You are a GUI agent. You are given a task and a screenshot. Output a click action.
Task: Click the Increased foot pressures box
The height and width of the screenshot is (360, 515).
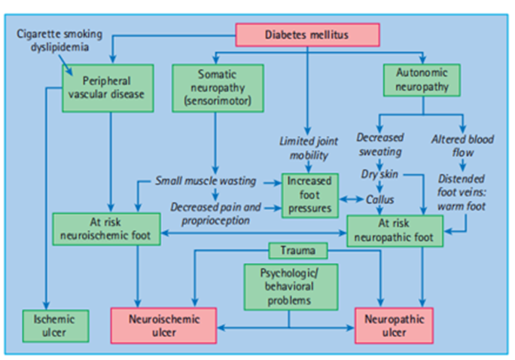point(308,195)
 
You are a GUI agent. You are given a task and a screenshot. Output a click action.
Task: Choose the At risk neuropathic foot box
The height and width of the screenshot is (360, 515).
point(394,230)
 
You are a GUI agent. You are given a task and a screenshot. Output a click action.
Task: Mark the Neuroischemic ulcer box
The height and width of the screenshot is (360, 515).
point(163,325)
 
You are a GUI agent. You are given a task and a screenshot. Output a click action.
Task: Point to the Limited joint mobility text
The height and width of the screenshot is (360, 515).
point(306,148)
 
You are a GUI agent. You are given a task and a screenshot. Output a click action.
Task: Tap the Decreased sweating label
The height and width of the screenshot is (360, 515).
point(380,145)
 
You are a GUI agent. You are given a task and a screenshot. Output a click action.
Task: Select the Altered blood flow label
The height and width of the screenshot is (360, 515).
point(460,145)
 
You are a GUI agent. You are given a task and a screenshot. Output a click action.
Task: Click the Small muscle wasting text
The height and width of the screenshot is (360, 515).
point(204,181)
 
